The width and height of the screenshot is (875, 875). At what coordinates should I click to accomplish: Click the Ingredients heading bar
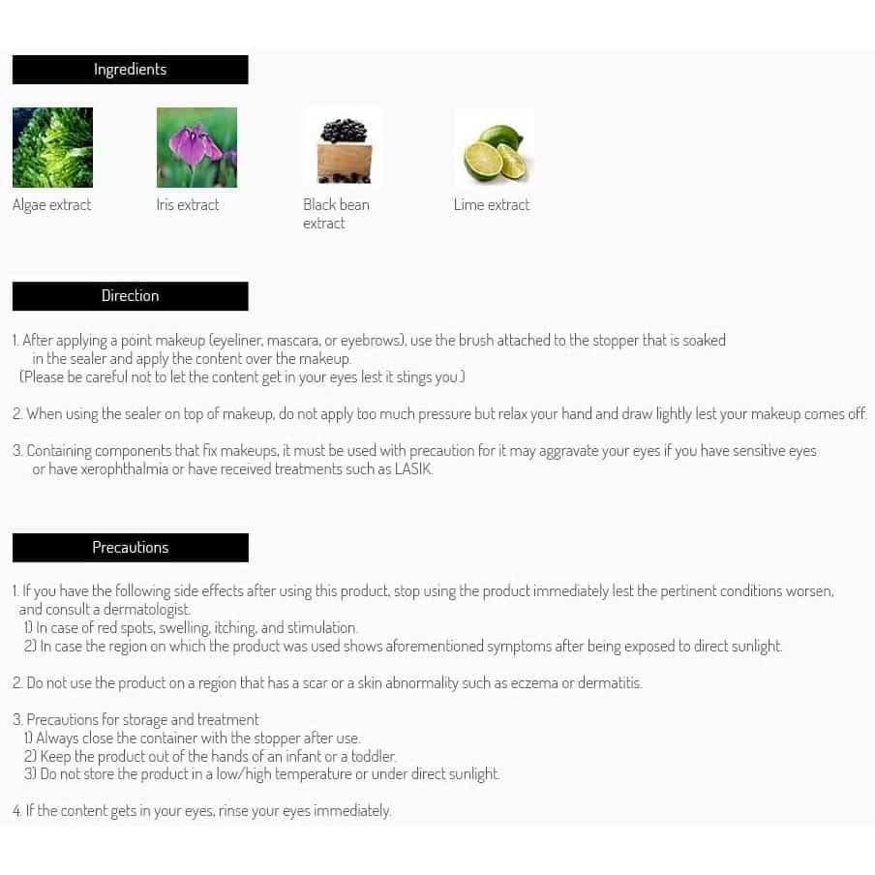pyautogui.click(x=130, y=70)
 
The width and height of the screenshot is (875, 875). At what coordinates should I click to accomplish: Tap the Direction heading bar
pyautogui.click(x=130, y=296)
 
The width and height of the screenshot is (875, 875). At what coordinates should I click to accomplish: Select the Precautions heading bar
pyautogui.click(x=130, y=548)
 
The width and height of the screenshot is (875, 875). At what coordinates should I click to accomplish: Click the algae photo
pyautogui.click(x=52, y=147)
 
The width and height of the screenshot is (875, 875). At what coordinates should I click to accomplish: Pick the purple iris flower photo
pyautogui.click(x=196, y=147)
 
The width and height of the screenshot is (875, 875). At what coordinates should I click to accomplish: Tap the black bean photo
pyautogui.click(x=343, y=147)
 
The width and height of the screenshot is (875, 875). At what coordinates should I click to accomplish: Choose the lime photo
pyautogui.click(x=494, y=147)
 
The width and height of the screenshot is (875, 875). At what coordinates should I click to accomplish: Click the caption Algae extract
pyautogui.click(x=52, y=205)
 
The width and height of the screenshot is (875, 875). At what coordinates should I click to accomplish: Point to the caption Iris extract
pyautogui.click(x=188, y=205)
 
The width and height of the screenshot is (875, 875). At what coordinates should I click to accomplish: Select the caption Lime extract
pyautogui.click(x=492, y=205)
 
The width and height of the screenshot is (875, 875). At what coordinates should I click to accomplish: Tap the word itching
pyautogui.click(x=235, y=628)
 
